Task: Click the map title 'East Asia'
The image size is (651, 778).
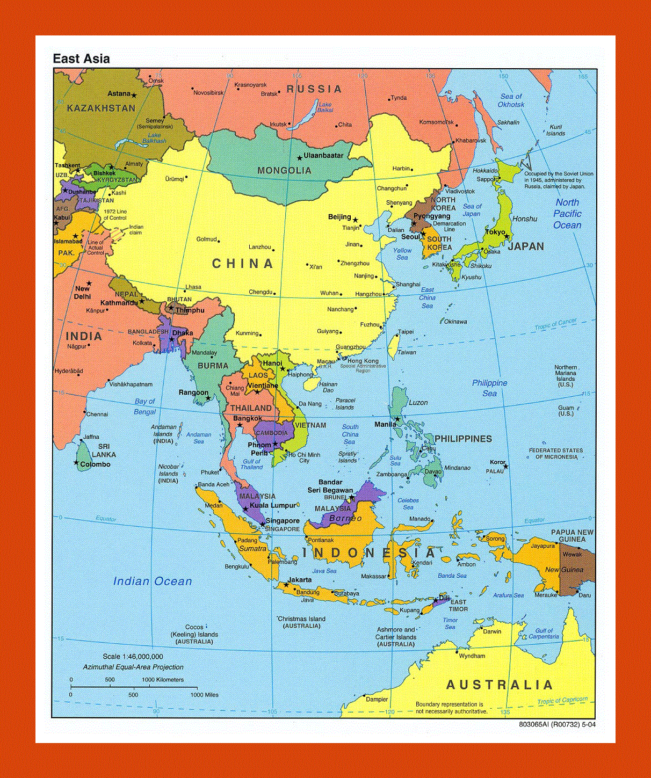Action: pyautogui.click(x=81, y=59)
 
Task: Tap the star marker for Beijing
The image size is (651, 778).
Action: pyautogui.click(x=355, y=220)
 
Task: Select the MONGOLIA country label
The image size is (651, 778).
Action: pyautogui.click(x=284, y=171)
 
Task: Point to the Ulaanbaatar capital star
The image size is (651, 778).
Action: pyautogui.click(x=300, y=158)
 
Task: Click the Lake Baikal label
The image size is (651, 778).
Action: pyautogui.click(x=325, y=107)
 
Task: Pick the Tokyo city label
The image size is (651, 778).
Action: pyautogui.click(x=495, y=232)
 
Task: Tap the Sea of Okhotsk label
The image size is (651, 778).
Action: pyautogui.click(x=511, y=100)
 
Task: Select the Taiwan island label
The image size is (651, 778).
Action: pyautogui.click(x=407, y=353)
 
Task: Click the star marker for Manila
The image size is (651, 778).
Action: pyautogui.click(x=397, y=419)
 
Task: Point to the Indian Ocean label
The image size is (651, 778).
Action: pyautogui.click(x=153, y=581)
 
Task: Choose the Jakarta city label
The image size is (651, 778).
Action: pyautogui.click(x=299, y=580)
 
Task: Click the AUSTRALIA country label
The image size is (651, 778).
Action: pyautogui.click(x=499, y=685)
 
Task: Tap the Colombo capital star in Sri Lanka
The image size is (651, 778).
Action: pyautogui.click(x=76, y=463)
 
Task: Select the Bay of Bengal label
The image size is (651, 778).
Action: pyautogui.click(x=144, y=406)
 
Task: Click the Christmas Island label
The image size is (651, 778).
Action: pyautogui.click(x=302, y=619)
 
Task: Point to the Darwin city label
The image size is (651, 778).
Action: pyautogui.click(x=492, y=631)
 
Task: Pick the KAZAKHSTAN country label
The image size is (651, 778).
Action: pyautogui.click(x=101, y=108)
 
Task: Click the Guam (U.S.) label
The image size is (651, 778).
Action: pyautogui.click(x=566, y=411)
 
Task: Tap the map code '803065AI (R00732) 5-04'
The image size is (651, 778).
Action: pyautogui.click(x=557, y=724)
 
